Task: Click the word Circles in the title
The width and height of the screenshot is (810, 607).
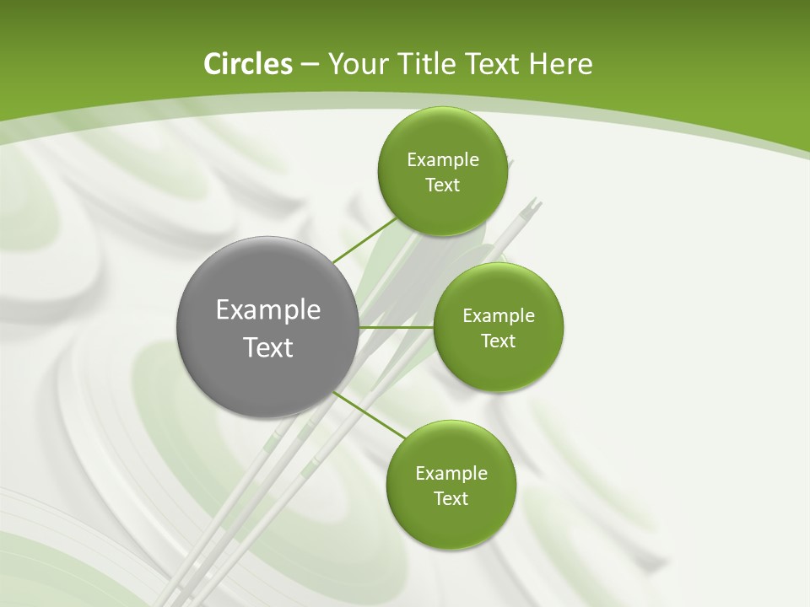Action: (247, 64)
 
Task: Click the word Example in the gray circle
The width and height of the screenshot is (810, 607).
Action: (268, 310)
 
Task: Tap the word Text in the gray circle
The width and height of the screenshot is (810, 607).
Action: (268, 347)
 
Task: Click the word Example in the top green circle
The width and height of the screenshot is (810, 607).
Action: (442, 160)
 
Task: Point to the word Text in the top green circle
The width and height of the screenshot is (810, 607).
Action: (442, 185)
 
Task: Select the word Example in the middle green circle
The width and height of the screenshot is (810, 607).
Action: (499, 316)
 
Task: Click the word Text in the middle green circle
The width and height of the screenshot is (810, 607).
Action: (499, 341)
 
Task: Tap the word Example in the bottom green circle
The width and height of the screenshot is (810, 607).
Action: (451, 474)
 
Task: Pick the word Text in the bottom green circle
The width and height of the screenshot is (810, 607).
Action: (451, 499)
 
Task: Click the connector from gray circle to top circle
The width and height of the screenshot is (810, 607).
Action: (364, 240)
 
